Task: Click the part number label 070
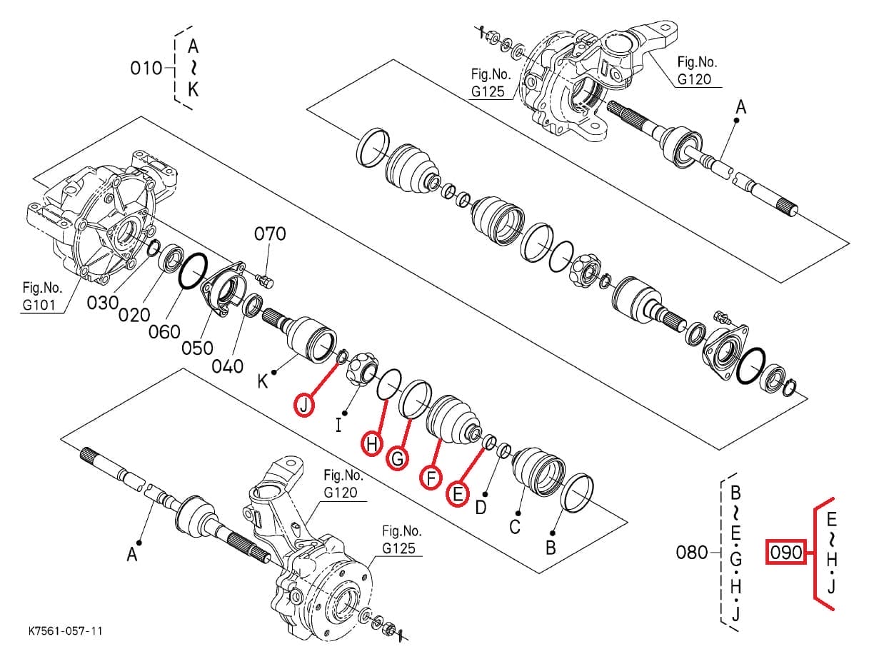[x=270, y=233]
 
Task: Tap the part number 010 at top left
[x=146, y=69]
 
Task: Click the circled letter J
[x=305, y=405]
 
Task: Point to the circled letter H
[x=372, y=446]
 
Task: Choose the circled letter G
[x=398, y=458]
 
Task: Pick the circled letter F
[x=430, y=477]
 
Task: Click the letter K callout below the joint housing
[x=263, y=382]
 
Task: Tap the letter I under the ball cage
[x=338, y=426]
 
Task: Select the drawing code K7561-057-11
[x=66, y=631]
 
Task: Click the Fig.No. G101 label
[x=42, y=296]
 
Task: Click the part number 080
[x=692, y=552]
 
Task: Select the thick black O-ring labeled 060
[x=192, y=272]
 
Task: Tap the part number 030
[x=102, y=303]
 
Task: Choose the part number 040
[x=228, y=366]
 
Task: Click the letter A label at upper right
[x=740, y=107]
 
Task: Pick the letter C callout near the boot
[x=514, y=527]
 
